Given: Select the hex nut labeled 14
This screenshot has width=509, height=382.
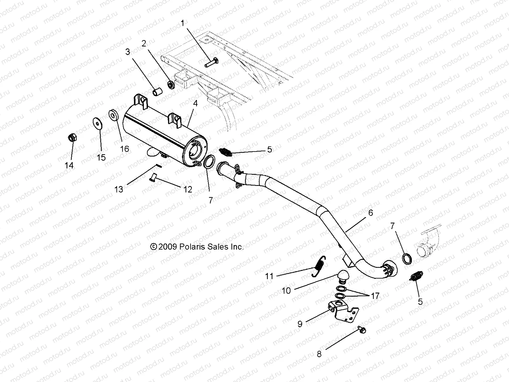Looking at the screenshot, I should [72, 138].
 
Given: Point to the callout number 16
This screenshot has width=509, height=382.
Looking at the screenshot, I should [125, 149].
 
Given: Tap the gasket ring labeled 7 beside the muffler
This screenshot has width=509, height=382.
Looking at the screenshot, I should [208, 162].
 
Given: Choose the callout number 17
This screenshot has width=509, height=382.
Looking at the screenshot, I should [375, 296].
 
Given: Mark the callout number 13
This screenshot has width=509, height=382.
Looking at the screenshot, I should [119, 189].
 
